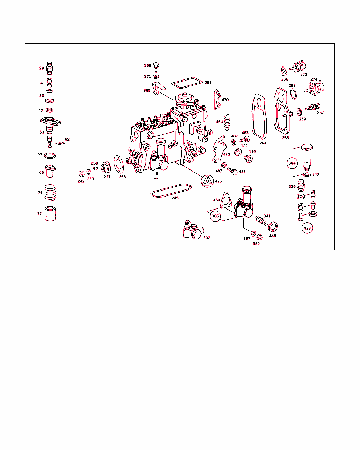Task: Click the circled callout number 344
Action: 292,163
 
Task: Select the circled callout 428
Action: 307,228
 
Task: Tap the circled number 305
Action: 215,216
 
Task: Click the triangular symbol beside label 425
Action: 207,181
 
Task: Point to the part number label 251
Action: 208,83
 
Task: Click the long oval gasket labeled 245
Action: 171,191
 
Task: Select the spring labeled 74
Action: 50,193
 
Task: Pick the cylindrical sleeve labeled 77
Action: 50,214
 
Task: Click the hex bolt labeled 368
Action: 156,67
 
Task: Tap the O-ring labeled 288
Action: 293,94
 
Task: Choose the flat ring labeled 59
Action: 50,156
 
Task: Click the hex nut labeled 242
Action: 82,174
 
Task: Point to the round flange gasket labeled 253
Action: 118,165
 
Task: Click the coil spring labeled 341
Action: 262,221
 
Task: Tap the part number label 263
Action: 263,143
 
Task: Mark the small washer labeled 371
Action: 156,77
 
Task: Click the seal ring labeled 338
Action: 273,227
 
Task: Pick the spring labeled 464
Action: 227,122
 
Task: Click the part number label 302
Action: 207,238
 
